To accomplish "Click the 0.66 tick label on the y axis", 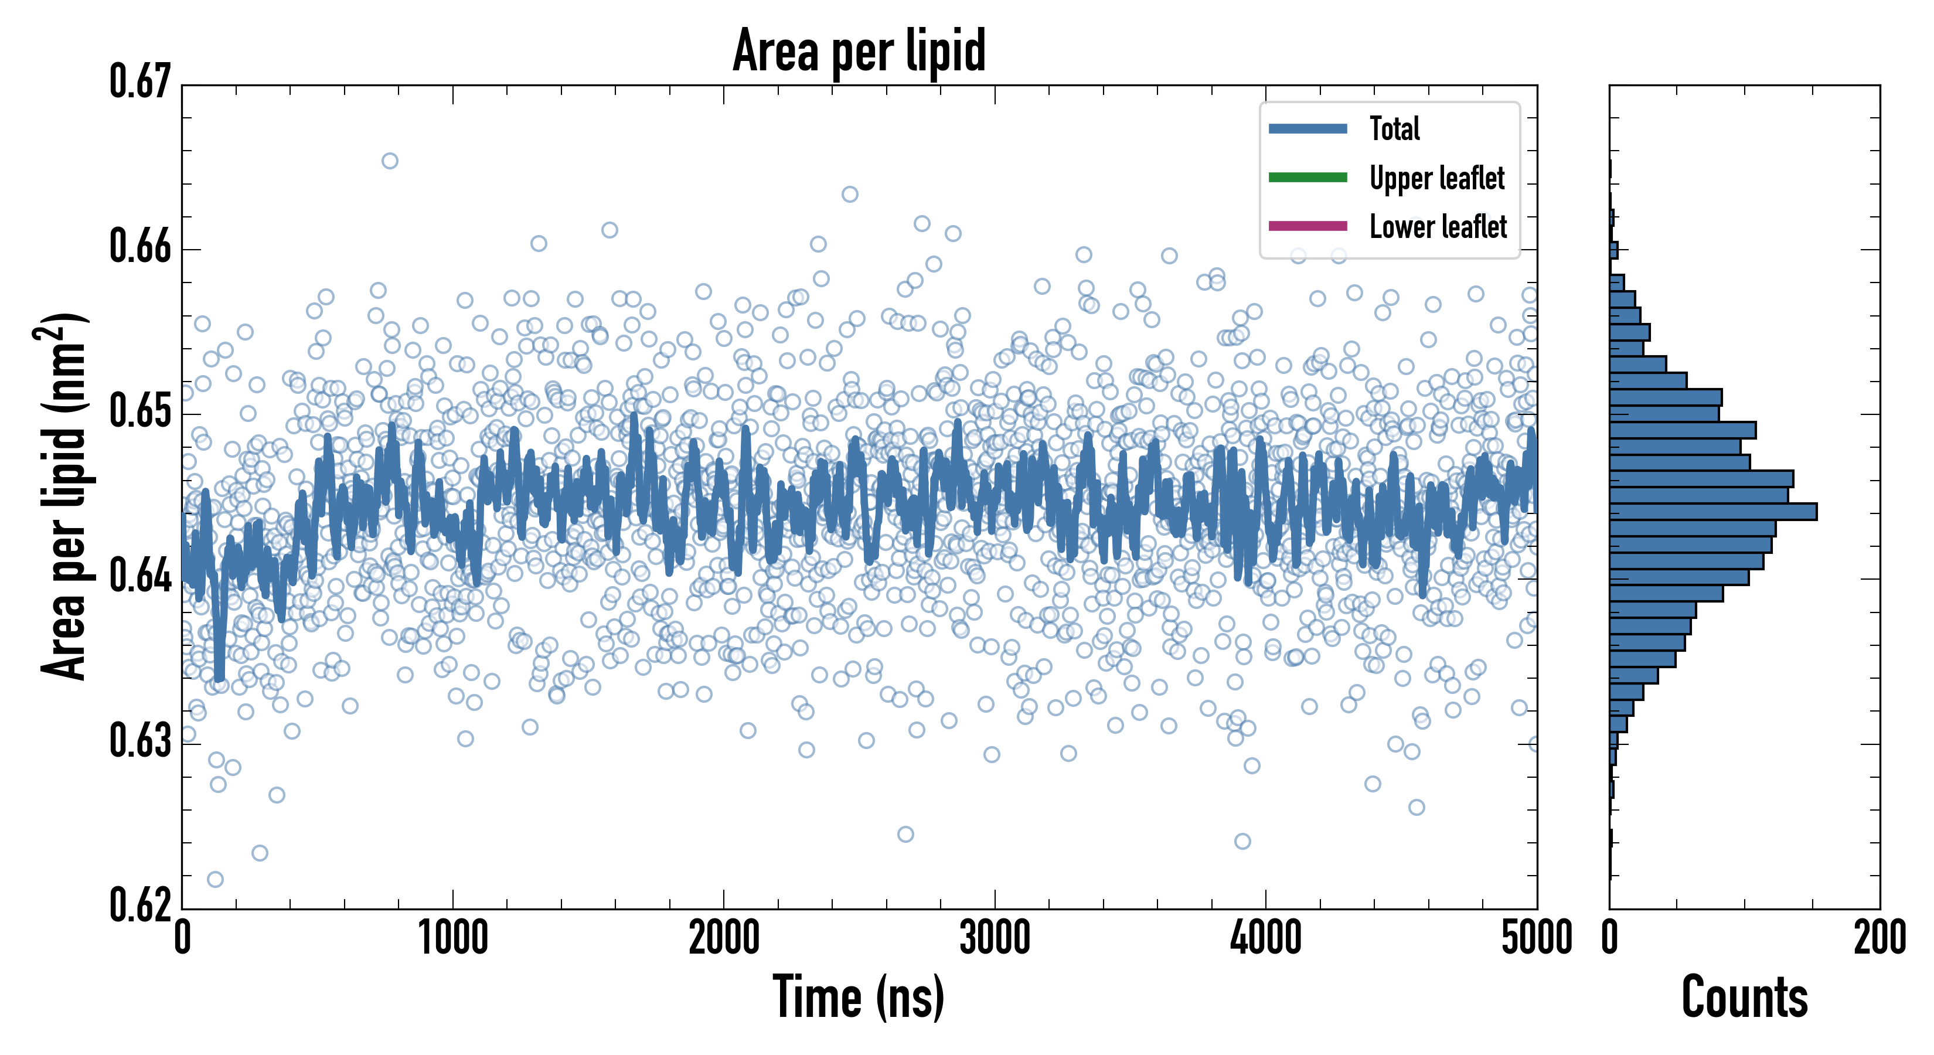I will [141, 246].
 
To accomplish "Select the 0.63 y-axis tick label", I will [141, 741].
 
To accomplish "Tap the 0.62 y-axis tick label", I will [141, 905].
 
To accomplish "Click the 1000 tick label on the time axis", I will [452, 938].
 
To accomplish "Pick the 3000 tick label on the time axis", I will [995, 938].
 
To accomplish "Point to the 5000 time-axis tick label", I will [1536, 938].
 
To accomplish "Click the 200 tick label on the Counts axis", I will [1879, 938].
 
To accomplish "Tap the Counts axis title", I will [1744, 997].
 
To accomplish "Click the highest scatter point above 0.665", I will [390, 161].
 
